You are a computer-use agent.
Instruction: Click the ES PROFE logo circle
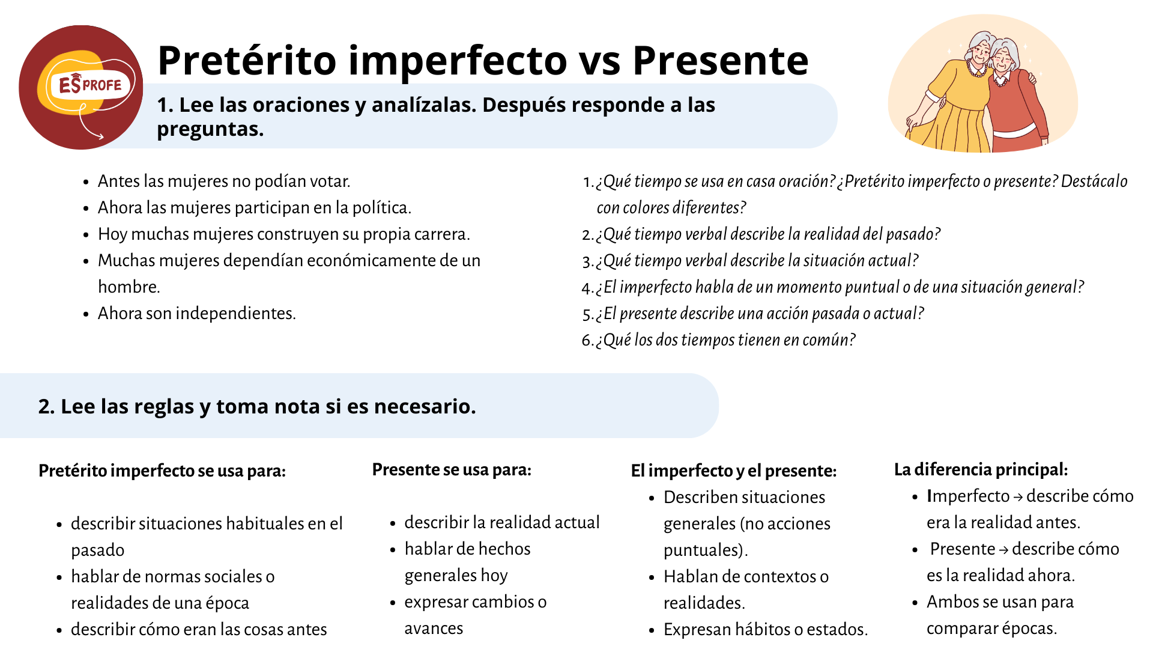(81, 87)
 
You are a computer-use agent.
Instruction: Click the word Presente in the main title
(720, 60)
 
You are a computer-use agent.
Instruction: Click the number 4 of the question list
(587, 287)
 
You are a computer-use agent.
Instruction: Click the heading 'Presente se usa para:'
(452, 469)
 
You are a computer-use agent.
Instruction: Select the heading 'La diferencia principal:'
(981, 469)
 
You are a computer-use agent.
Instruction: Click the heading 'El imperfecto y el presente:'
(733, 471)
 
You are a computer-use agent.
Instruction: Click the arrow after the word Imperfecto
(1018, 497)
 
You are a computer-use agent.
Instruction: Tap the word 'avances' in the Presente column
(434, 628)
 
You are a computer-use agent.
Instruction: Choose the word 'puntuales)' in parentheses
(706, 550)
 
